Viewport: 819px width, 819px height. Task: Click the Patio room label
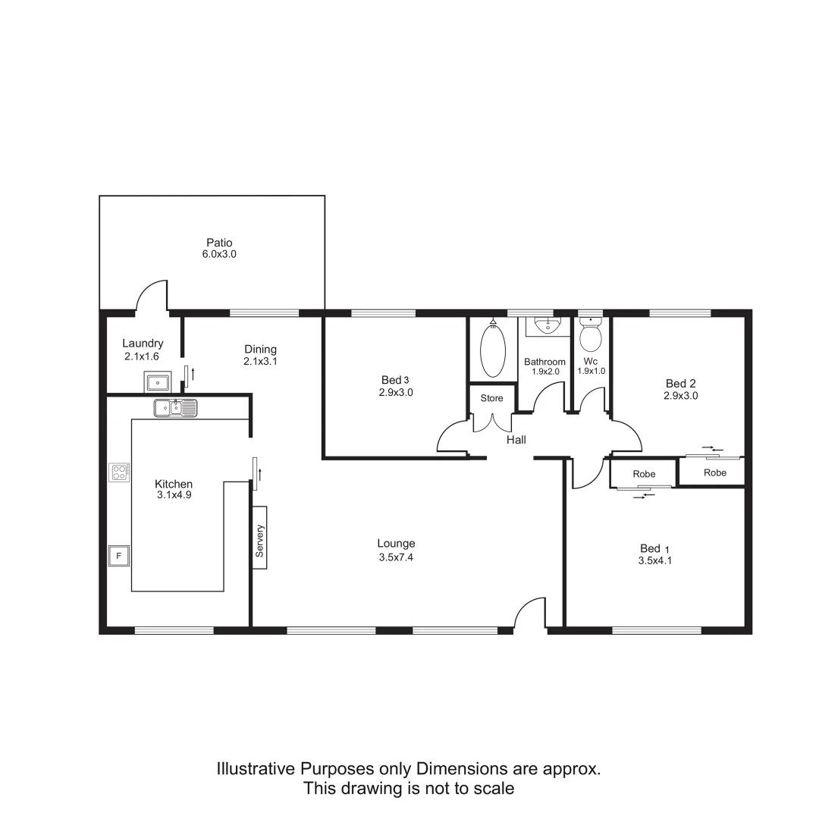218,243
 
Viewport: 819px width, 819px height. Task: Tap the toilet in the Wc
590,333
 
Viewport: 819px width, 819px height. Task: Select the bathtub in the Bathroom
493,351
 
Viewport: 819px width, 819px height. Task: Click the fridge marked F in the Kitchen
118,556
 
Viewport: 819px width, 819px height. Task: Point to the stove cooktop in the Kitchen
119,473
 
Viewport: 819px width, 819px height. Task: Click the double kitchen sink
175,408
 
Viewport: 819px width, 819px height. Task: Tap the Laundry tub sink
158,381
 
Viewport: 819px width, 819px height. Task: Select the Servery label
259,541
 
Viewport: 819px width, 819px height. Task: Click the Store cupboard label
491,398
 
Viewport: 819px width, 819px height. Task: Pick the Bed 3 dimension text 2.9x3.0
395,393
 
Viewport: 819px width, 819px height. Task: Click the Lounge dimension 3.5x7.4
396,557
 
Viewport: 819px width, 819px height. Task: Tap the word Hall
516,440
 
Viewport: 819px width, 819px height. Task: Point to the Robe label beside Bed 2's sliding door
714,472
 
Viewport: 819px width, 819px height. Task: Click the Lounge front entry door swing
531,613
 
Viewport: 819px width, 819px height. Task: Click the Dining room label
260,350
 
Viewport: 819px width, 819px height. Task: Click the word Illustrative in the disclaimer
254,769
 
